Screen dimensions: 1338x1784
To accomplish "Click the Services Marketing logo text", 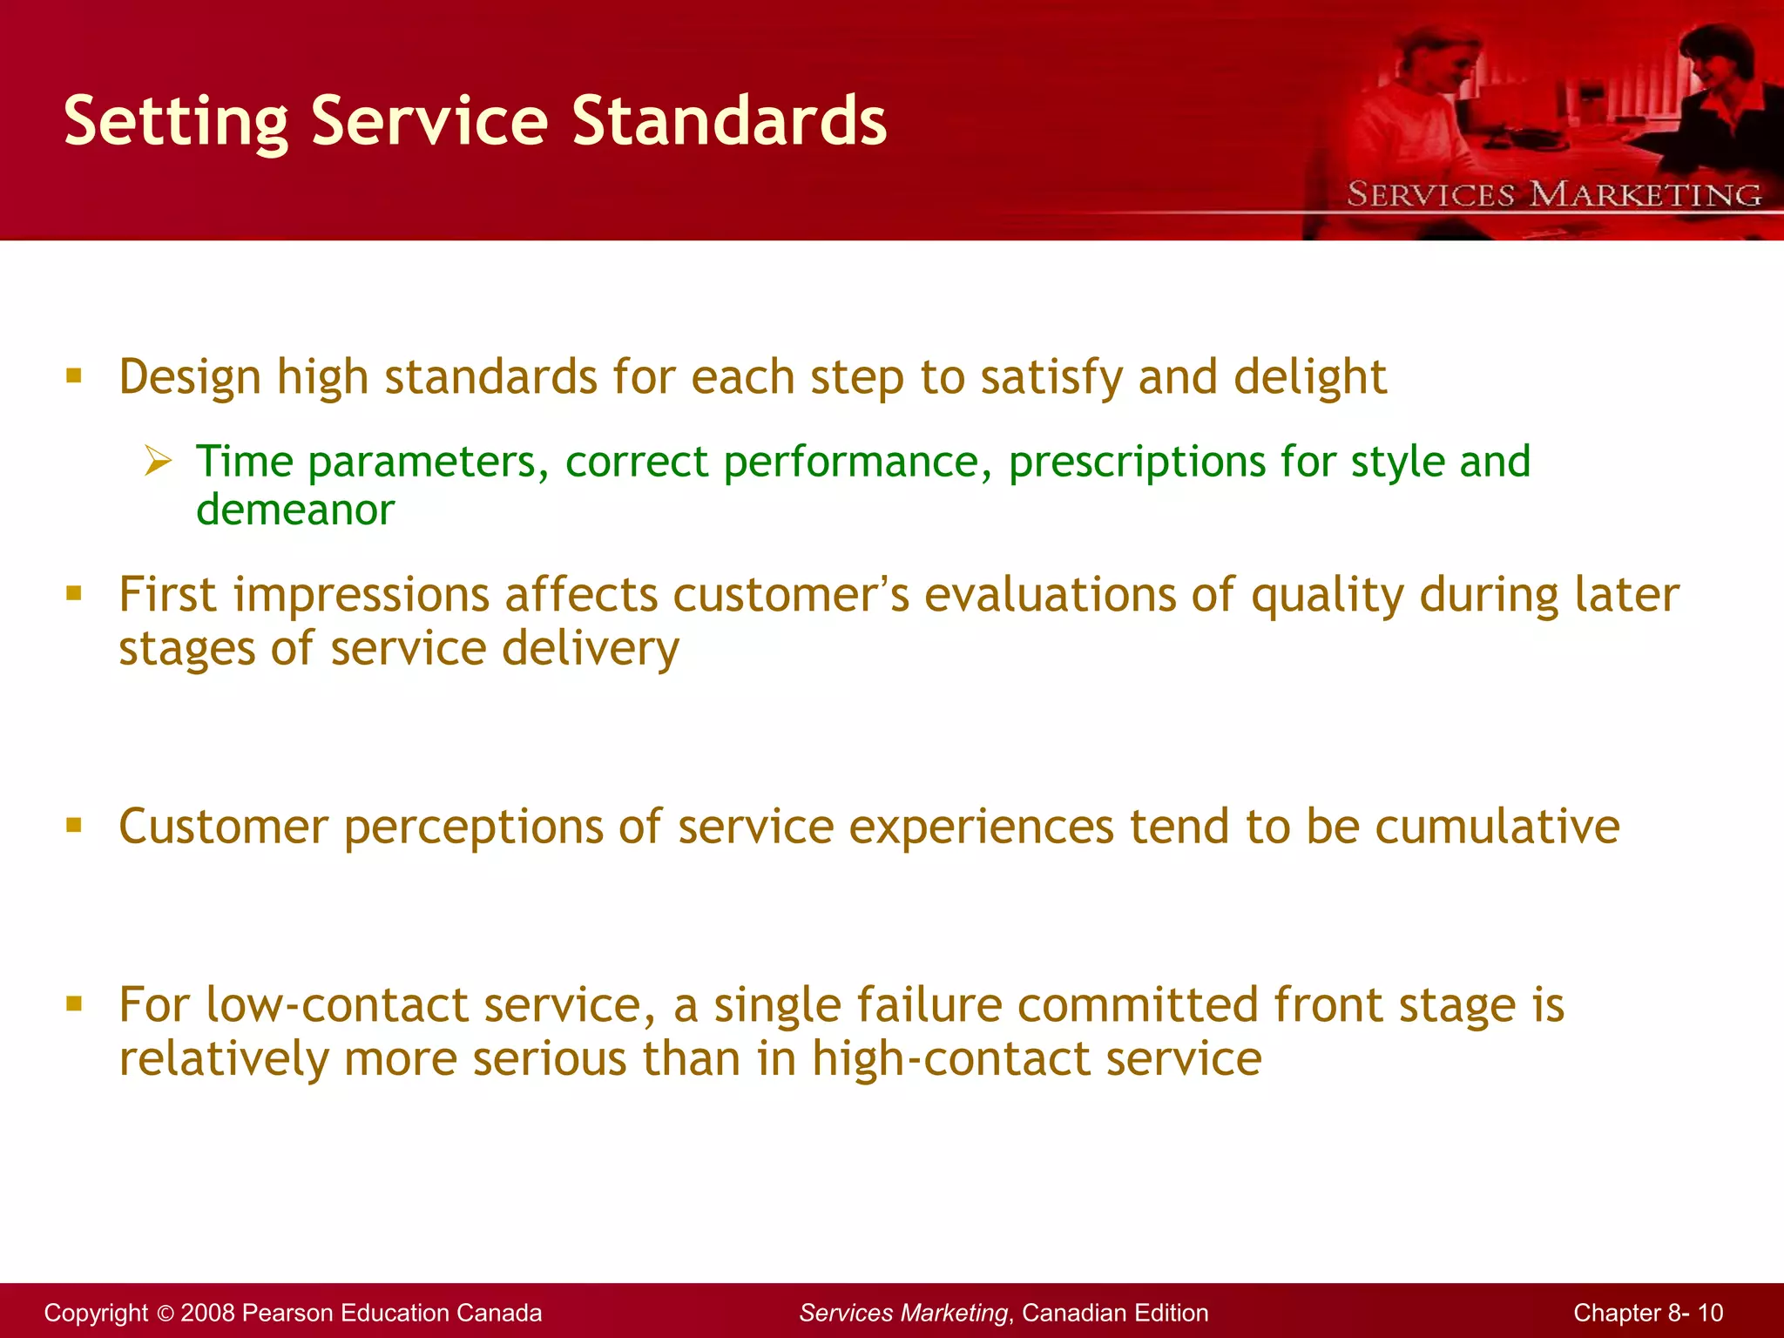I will [1554, 194].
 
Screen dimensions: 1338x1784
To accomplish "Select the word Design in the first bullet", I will [190, 378].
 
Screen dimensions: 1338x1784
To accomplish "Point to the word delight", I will [1310, 378].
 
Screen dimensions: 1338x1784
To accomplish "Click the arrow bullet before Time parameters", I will [158, 460].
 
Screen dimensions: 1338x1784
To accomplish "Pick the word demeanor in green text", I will [295, 510].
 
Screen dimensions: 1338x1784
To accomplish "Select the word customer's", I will [791, 595].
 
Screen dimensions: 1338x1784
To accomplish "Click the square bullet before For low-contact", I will [74, 1003].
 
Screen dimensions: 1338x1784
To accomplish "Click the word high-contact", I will [950, 1059].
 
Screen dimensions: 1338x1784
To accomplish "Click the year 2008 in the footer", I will [207, 1313].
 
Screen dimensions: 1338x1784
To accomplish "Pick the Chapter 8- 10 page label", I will [1647, 1313].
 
